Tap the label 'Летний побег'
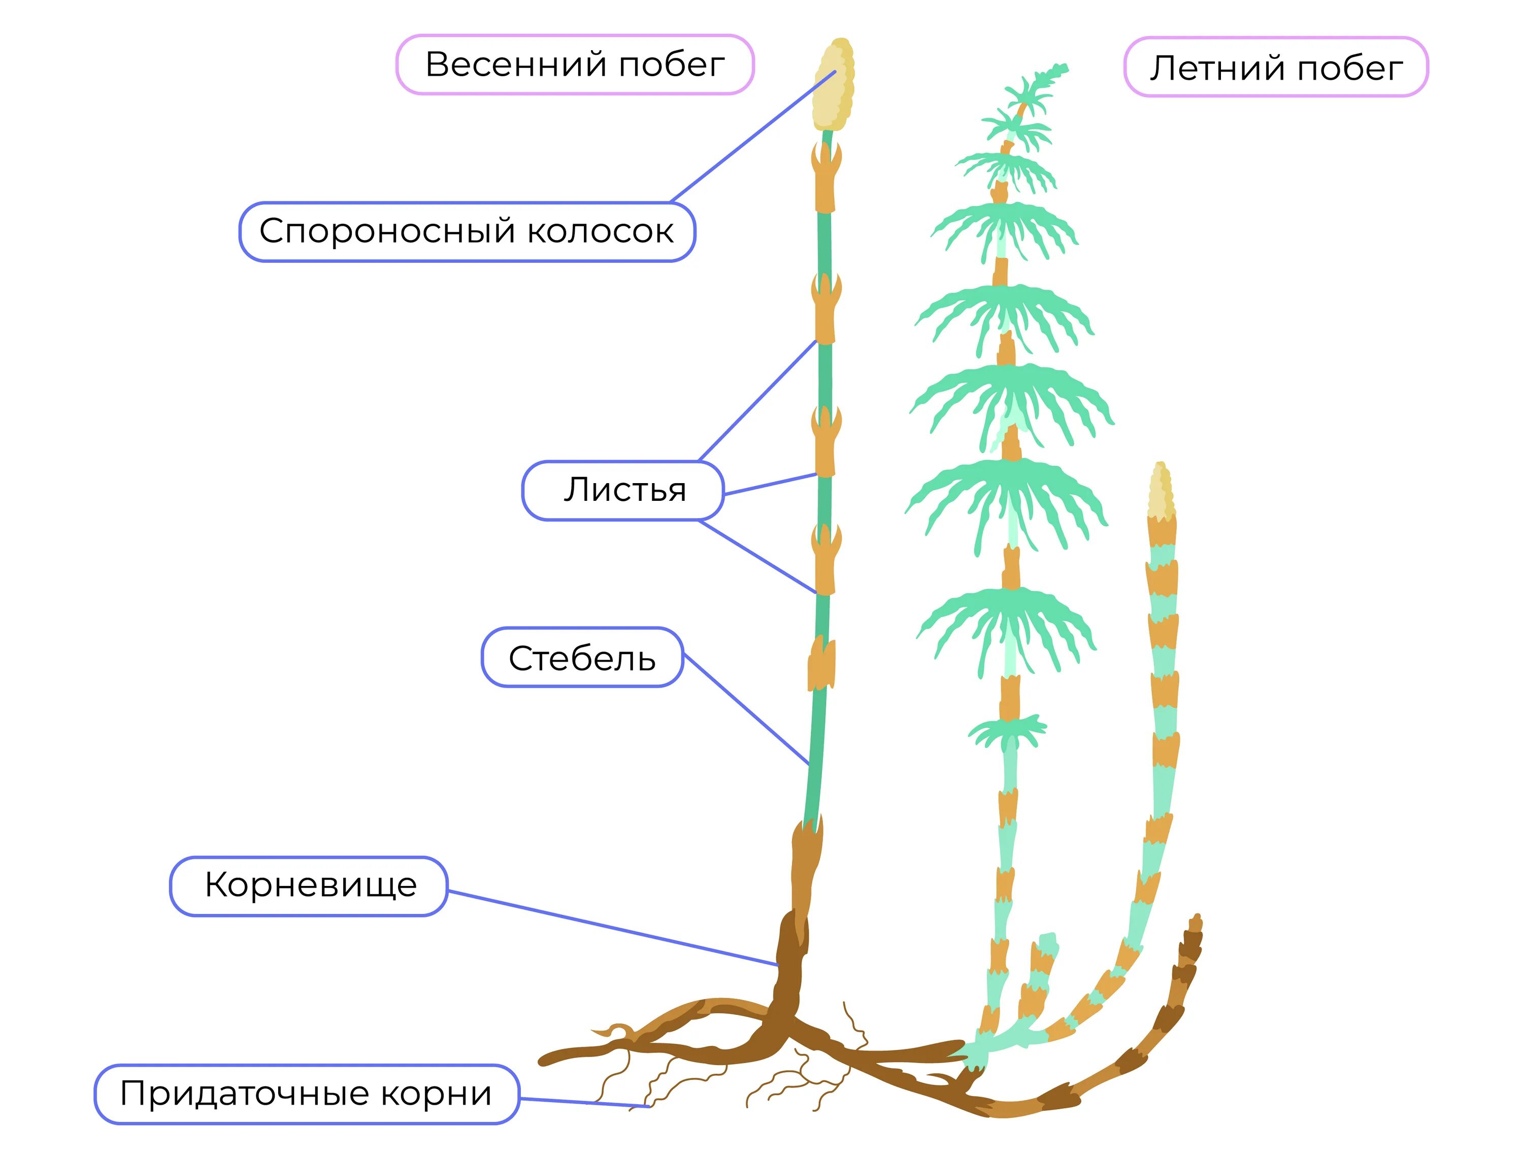click(x=1275, y=67)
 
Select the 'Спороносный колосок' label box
click(x=467, y=232)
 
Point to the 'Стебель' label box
click(x=582, y=658)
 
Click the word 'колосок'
click(x=601, y=232)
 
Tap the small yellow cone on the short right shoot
click(x=1161, y=491)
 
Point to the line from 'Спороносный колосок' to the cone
click(x=752, y=137)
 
